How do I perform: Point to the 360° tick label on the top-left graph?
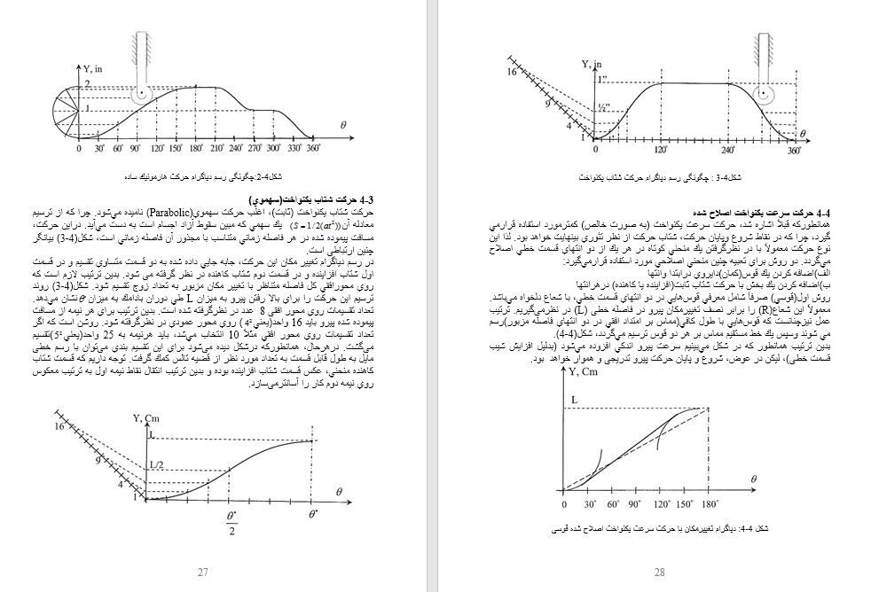pos(312,151)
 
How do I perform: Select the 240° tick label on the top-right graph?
pos(729,152)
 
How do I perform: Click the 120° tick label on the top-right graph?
pos(661,152)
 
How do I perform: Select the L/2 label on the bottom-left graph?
pos(155,464)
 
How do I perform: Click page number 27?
pos(203,572)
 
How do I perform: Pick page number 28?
pos(659,572)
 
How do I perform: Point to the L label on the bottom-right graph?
pos(574,401)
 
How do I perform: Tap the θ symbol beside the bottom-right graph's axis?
pos(755,479)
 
